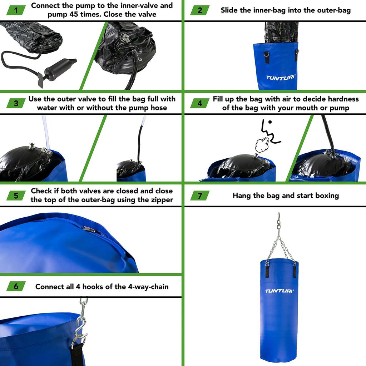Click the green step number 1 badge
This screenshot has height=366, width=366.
click(16, 10)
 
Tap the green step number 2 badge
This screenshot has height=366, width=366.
click(200, 10)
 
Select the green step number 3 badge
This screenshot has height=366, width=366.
click(16, 103)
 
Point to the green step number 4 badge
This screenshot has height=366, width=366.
click(200, 103)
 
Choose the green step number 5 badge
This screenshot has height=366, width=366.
click(16, 196)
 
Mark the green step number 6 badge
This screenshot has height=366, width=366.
click(16, 286)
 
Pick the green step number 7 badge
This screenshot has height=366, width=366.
click(200, 196)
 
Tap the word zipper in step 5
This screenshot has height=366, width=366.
click(163, 200)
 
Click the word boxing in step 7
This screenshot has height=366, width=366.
click(327, 196)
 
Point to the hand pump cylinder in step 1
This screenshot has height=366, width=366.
click(60, 67)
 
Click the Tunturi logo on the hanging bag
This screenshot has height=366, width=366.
click(279, 291)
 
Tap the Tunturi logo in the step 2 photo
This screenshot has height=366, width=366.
click(281, 78)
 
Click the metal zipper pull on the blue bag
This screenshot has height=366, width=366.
click(89, 229)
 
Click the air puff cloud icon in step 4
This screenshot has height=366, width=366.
click(262, 145)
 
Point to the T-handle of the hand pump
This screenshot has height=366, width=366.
click(40, 80)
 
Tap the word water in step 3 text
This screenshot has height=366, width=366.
click(47, 108)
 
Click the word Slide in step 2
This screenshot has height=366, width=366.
click(229, 10)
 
